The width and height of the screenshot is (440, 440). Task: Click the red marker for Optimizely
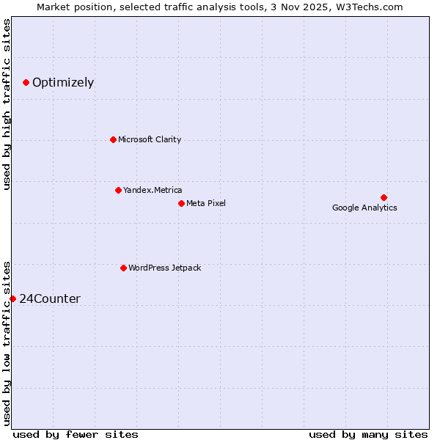tap(26, 82)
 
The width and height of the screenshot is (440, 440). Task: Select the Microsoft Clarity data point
tap(113, 139)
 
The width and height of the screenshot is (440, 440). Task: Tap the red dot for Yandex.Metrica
tap(118, 190)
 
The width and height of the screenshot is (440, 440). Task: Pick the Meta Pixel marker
tap(181, 203)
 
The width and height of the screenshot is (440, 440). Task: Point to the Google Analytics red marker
tap(384, 197)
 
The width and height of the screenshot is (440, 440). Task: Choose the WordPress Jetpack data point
tap(123, 268)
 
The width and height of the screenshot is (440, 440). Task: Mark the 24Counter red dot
tap(12, 298)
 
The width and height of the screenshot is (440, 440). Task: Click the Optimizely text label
tap(63, 82)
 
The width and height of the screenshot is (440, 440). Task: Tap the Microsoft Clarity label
tap(150, 139)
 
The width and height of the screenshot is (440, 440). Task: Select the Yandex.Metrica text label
tap(153, 190)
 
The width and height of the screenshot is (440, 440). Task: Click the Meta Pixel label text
tap(206, 203)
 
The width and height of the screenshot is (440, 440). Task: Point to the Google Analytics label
tap(364, 208)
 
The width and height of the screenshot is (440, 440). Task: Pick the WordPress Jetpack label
tap(164, 268)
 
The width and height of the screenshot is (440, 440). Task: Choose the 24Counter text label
tap(50, 298)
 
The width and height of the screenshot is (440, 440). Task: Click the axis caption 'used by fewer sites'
tap(76, 434)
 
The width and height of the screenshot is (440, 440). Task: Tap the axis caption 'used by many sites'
tap(368, 434)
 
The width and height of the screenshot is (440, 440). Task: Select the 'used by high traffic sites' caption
tap(7, 104)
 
